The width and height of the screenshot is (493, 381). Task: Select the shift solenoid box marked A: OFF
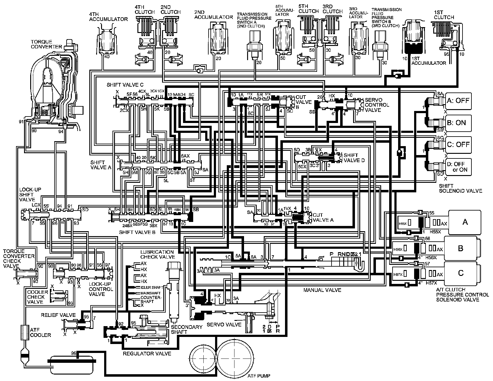click(458, 101)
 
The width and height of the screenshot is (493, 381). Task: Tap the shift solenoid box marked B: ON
click(458, 122)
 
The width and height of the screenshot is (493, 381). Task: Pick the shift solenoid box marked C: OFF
click(458, 144)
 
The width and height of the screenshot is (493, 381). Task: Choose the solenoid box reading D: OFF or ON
click(458, 167)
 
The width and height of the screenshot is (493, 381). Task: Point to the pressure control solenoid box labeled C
click(461, 273)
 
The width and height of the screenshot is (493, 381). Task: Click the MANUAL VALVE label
click(322, 290)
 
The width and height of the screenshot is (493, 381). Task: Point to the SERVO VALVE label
click(224, 325)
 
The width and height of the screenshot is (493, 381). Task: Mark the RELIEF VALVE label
click(58, 315)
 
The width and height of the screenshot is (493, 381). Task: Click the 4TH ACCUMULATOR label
click(108, 17)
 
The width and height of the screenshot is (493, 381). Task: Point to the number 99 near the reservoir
click(73, 353)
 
